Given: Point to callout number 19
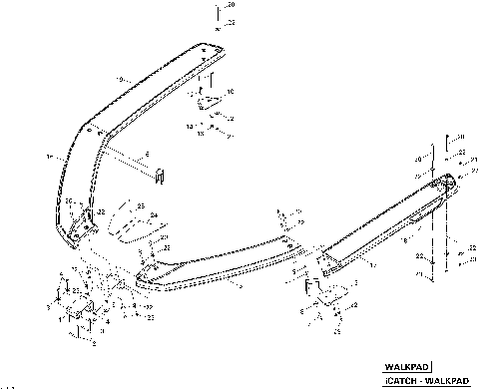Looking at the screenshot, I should [x=120, y=79].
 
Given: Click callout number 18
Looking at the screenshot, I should [x=47, y=158].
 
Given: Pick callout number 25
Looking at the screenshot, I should [x=141, y=207].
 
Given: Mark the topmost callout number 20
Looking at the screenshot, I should [x=231, y=5].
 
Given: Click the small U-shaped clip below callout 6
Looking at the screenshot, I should [x=157, y=177].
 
